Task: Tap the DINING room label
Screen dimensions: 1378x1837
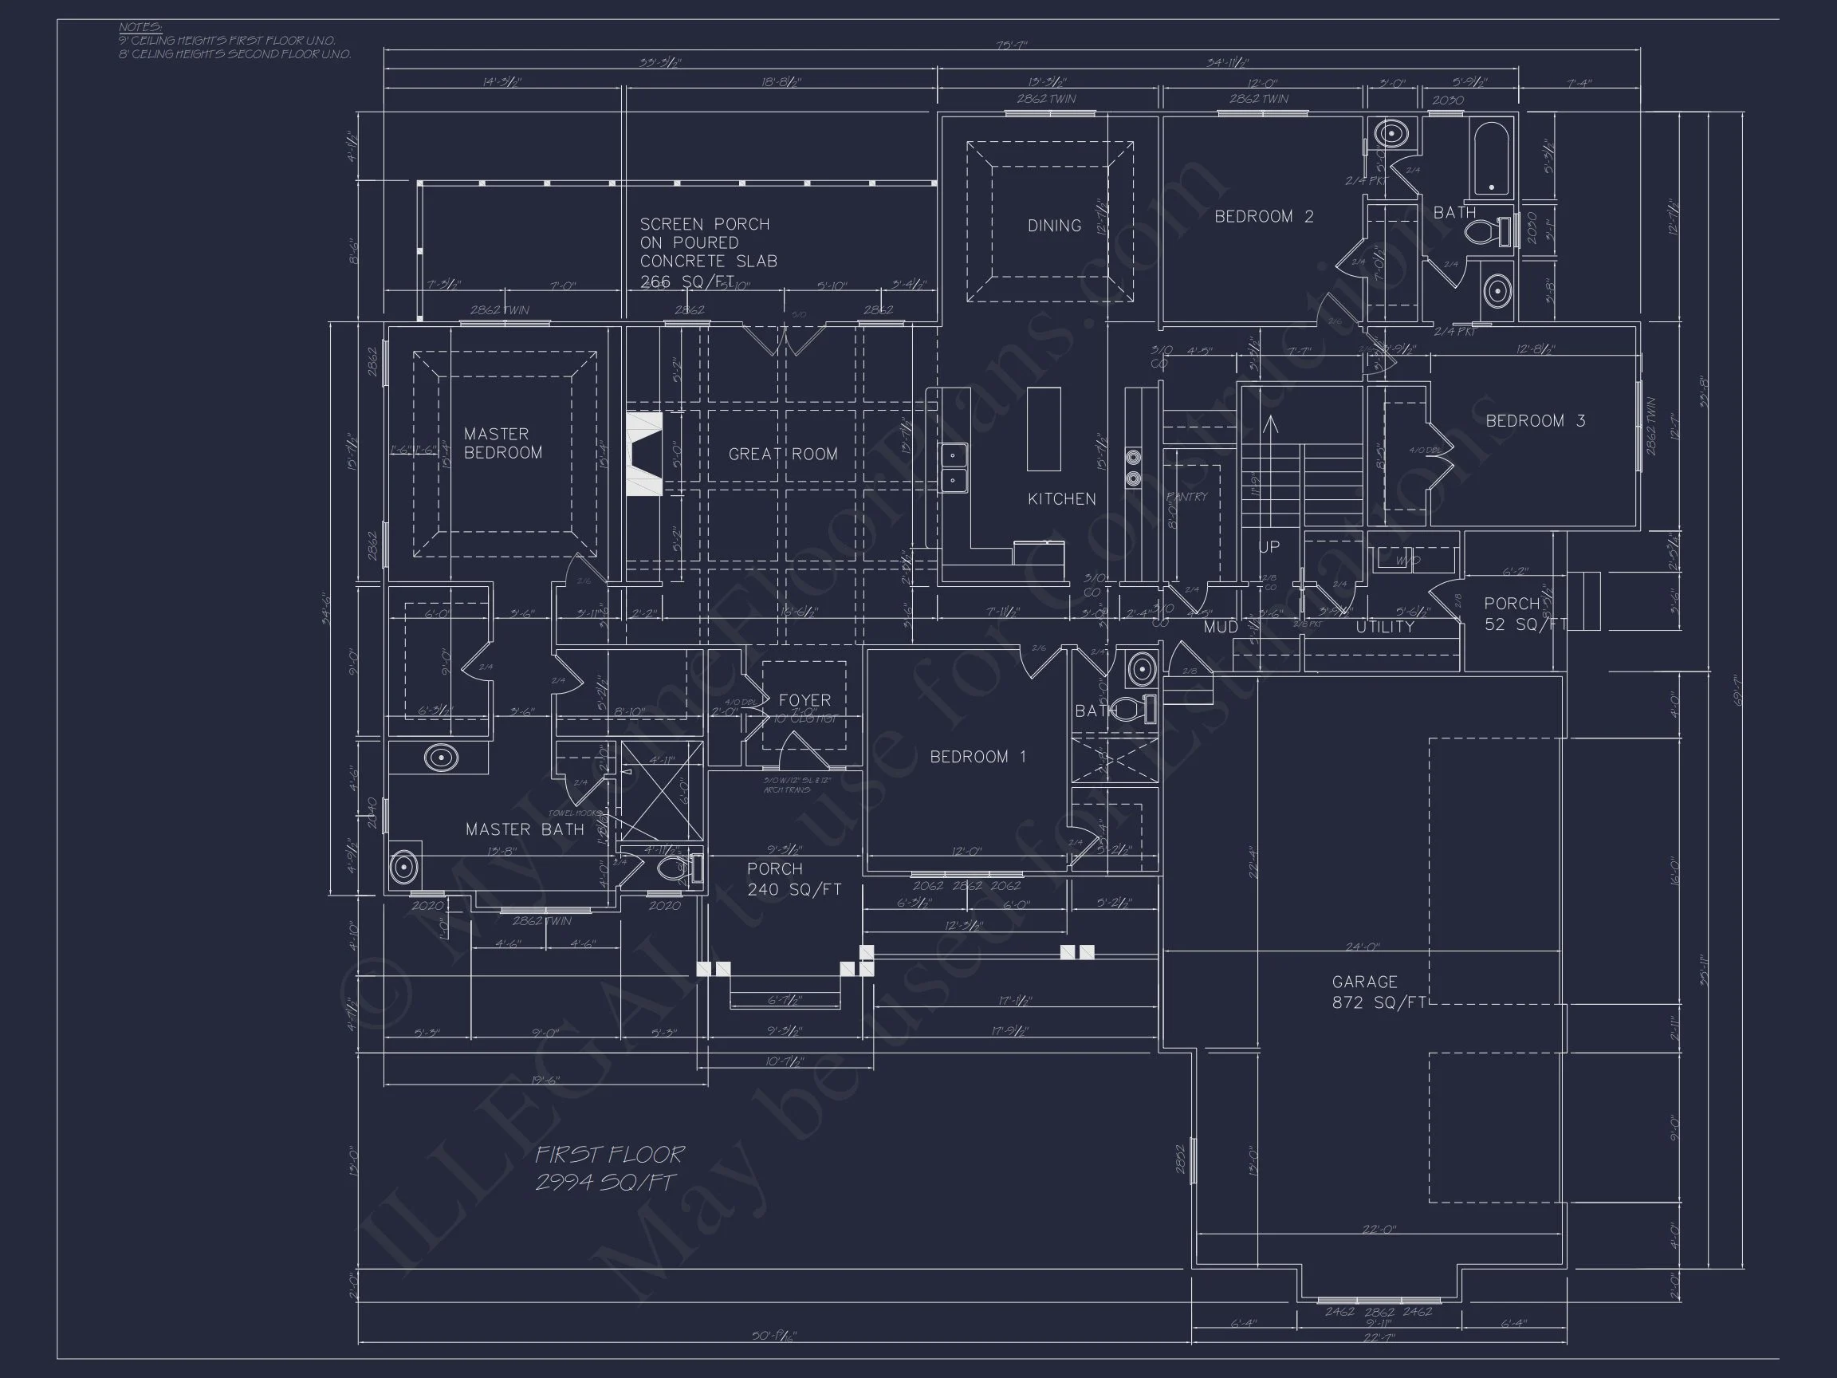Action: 1054,226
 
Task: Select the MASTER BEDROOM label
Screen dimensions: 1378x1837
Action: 502,443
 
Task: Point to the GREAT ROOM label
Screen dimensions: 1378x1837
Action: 782,455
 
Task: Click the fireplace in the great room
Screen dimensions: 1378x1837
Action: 643,455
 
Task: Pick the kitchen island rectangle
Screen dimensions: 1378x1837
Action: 1044,430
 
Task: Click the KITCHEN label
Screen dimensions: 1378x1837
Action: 1061,499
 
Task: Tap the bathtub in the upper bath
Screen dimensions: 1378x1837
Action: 1492,158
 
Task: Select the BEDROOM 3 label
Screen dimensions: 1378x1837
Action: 1535,421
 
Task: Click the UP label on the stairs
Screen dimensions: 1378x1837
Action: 1269,547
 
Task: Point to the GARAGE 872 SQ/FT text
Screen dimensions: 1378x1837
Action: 1378,993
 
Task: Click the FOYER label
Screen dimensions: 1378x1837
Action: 804,700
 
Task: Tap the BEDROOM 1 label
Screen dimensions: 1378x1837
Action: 978,757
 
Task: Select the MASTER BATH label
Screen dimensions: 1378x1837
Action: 524,829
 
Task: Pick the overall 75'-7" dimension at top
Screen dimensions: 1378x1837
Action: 1012,45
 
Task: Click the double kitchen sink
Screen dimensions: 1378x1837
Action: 954,467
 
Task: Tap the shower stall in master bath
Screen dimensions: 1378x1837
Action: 662,792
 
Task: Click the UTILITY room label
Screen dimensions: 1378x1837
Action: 1384,627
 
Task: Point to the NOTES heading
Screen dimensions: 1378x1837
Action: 140,27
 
